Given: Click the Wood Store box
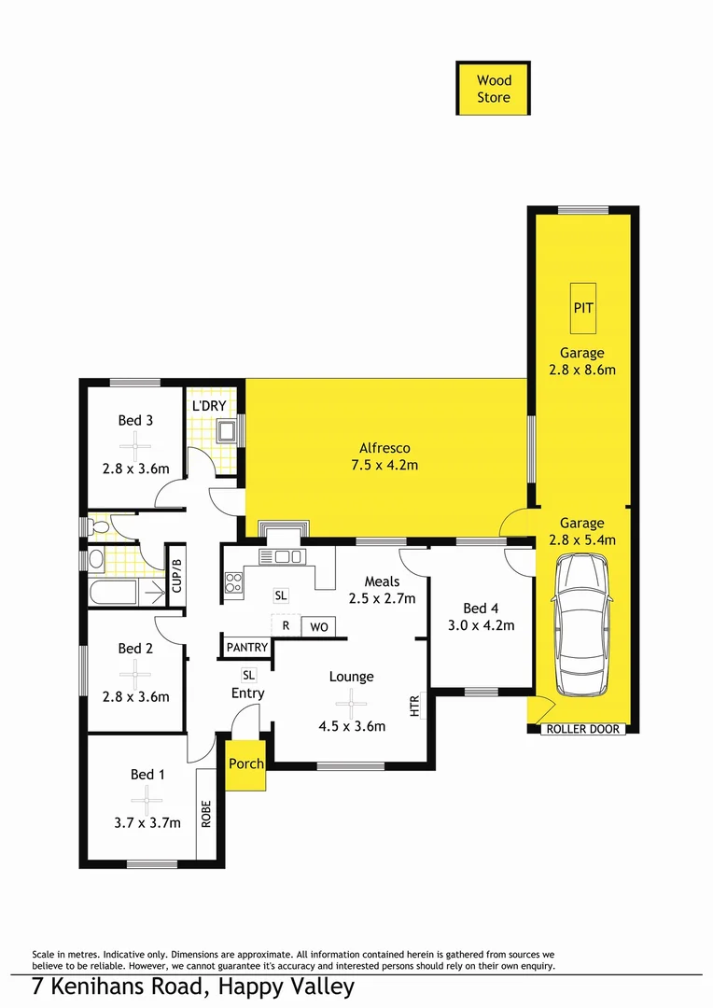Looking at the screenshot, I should (x=494, y=89).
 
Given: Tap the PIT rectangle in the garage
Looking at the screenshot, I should (x=583, y=307).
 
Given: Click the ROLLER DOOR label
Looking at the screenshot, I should (x=582, y=729).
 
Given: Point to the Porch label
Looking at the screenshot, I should (x=246, y=763).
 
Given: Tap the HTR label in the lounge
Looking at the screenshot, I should (x=415, y=706).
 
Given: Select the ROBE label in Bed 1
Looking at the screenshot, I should (x=206, y=815).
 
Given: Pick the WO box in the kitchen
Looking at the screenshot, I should (x=319, y=627).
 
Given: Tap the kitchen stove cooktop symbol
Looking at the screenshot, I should (x=233, y=583).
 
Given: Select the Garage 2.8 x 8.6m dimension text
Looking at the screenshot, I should (x=582, y=370).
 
